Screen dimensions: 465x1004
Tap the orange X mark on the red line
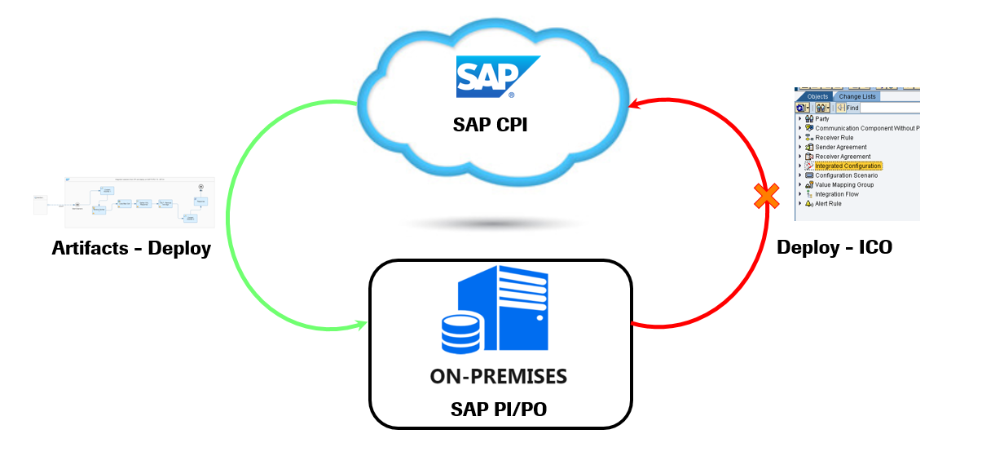click(x=766, y=195)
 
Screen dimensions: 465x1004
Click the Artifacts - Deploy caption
click(x=131, y=248)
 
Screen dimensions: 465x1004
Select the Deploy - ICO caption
click(x=834, y=247)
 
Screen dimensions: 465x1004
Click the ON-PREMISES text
click(x=499, y=377)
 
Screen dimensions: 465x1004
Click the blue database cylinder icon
click(x=462, y=334)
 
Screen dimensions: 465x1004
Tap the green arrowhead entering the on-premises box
click(x=361, y=326)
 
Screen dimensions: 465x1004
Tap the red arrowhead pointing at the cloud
click(x=633, y=104)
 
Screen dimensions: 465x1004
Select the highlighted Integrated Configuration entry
click(x=848, y=166)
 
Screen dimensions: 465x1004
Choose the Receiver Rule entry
click(x=834, y=138)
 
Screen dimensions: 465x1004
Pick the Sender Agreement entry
click(x=839, y=147)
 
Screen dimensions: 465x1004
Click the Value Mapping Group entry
click(x=843, y=184)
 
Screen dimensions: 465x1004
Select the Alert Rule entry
click(x=828, y=203)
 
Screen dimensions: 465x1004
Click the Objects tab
click(x=817, y=96)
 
